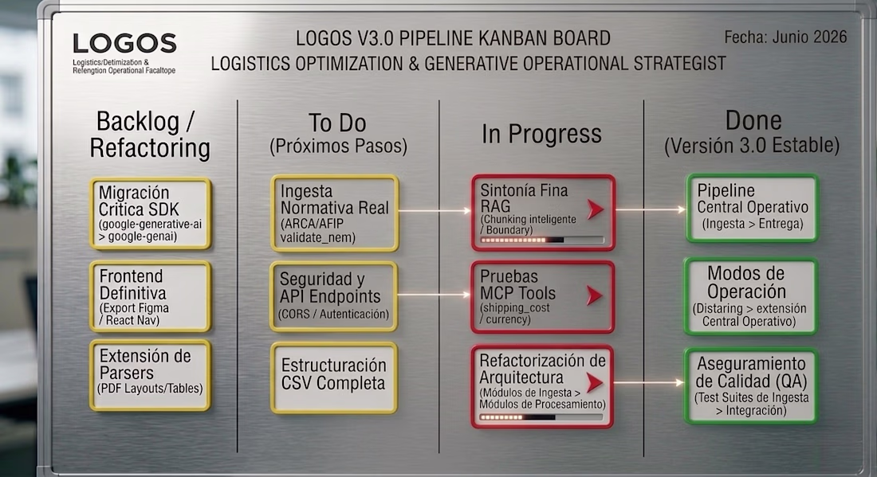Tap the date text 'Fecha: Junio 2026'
[x=785, y=37]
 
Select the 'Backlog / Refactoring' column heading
[x=150, y=135]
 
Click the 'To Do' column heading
[x=338, y=134]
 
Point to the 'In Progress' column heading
[x=541, y=134]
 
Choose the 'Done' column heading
[x=753, y=132]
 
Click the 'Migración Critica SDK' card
[x=151, y=213]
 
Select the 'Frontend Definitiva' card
[x=151, y=296]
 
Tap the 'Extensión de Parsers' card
[x=151, y=375]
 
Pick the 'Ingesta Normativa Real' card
[x=335, y=213]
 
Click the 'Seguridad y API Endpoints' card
[x=334, y=296]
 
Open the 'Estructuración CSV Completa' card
[x=334, y=377]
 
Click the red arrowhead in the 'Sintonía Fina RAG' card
[x=595, y=209]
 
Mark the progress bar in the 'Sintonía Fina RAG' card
[x=542, y=240]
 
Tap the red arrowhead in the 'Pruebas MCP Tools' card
[x=595, y=295]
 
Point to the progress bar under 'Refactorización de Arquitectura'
[x=541, y=417]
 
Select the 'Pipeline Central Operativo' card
[x=753, y=209]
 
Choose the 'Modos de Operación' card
[x=751, y=296]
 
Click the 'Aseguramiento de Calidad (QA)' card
[x=751, y=386]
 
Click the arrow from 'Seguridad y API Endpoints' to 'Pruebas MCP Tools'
[x=435, y=295]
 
